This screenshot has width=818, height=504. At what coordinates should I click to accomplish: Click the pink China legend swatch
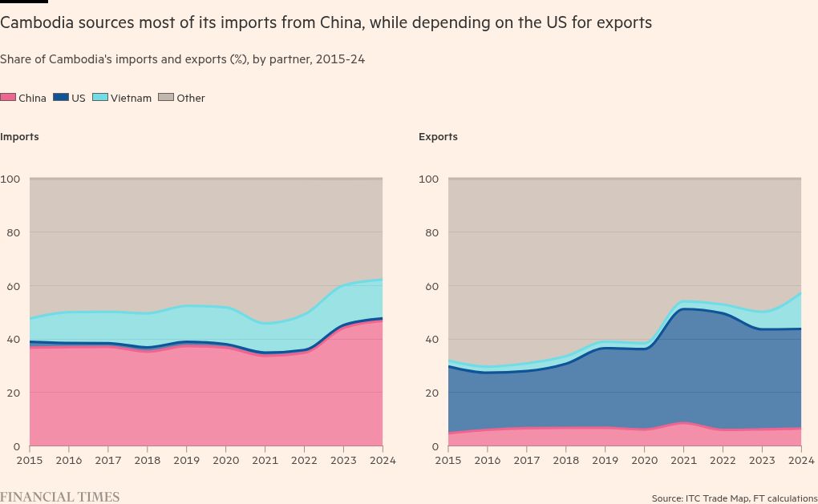tap(8, 98)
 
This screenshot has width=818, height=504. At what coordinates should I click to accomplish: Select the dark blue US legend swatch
tap(61, 98)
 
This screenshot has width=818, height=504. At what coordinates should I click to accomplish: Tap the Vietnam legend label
tap(131, 99)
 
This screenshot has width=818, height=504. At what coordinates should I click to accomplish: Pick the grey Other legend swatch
tap(166, 98)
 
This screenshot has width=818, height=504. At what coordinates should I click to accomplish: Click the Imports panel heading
tap(20, 137)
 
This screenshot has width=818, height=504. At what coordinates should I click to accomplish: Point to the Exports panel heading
tap(438, 137)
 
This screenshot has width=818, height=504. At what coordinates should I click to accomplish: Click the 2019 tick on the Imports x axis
tap(187, 461)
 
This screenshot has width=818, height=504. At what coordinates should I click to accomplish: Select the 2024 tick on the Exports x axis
tap(801, 461)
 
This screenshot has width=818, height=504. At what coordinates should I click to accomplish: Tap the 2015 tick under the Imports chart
tap(30, 461)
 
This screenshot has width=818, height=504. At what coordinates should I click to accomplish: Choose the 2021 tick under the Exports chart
tap(683, 461)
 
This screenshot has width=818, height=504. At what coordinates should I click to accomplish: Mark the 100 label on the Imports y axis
tap(10, 179)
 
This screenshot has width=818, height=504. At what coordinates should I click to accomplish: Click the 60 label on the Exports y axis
tap(431, 286)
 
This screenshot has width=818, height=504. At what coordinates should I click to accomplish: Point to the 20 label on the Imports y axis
tap(13, 393)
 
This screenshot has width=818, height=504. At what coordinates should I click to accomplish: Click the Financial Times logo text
tap(59, 498)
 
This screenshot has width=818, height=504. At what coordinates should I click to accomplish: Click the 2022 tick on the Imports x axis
tap(305, 461)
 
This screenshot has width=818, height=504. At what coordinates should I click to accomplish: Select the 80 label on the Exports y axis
tap(431, 232)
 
